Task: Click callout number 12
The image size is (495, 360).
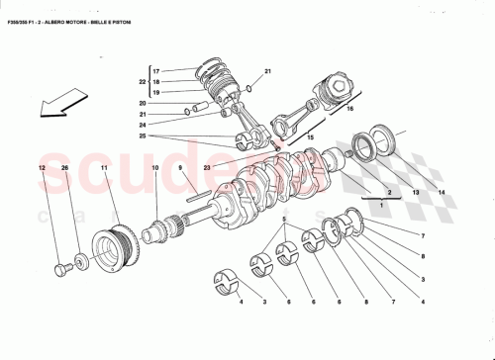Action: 43,169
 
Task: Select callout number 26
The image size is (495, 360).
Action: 65,169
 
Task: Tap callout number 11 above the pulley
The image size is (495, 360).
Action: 103,169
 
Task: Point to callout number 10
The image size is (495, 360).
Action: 154,169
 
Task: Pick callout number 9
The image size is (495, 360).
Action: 181,169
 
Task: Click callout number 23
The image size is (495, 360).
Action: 209,169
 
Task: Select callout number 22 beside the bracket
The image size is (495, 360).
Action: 141,81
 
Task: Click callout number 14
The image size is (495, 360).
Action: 443,192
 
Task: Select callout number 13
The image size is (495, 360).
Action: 417,192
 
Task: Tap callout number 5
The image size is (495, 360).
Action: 283,219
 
